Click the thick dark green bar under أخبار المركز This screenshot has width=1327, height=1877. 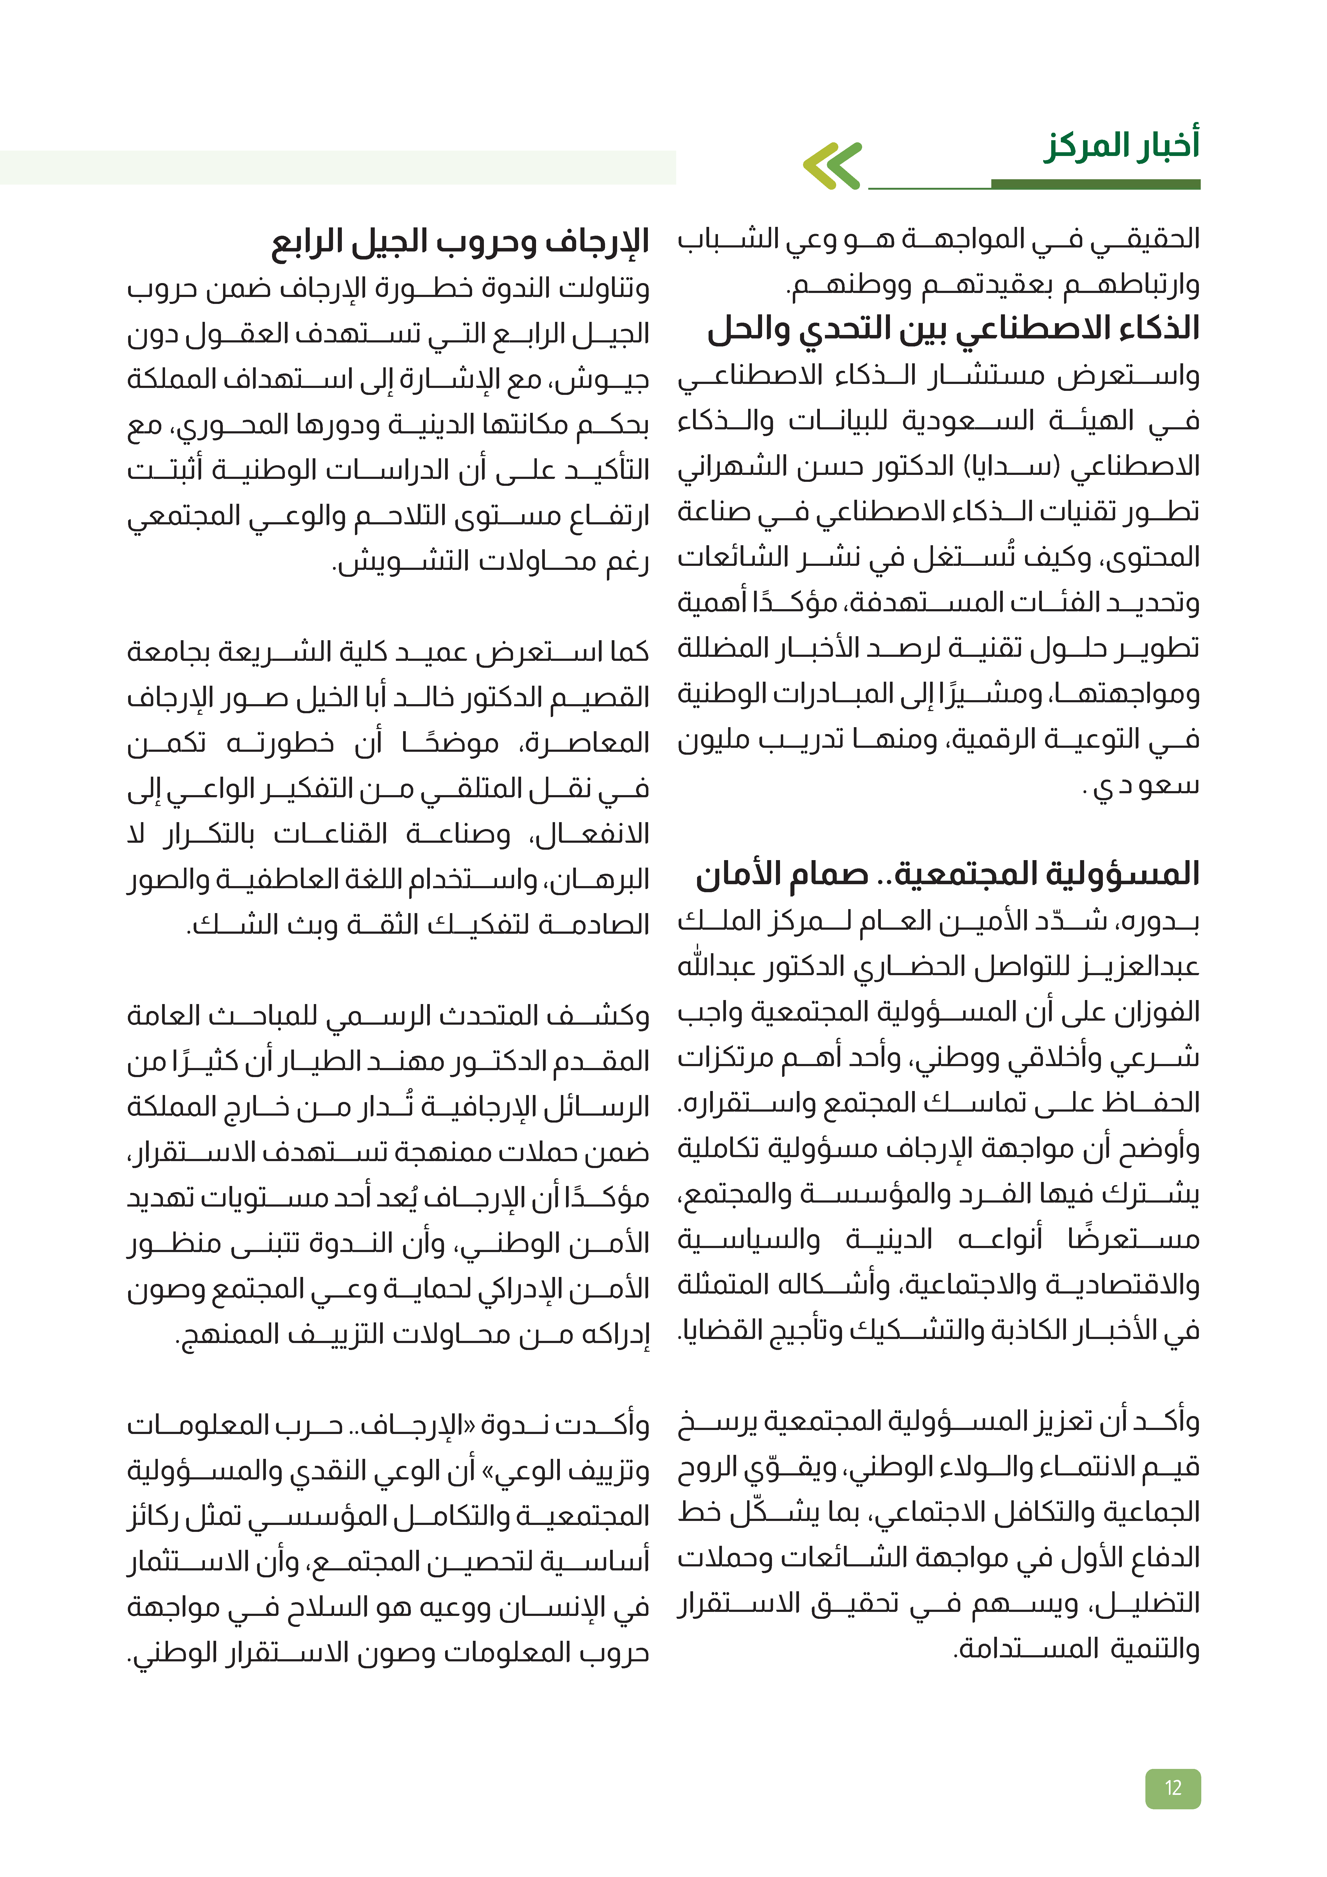point(1096,185)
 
